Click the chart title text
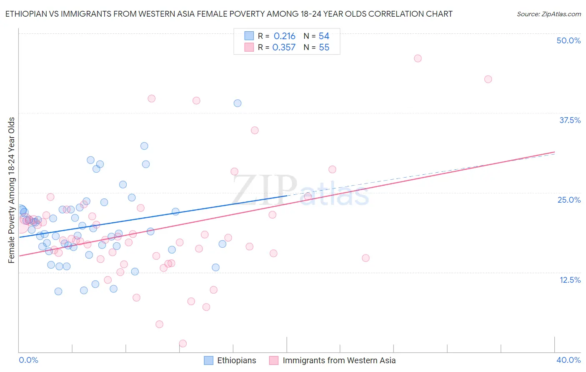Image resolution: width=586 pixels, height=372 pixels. coord(228,14)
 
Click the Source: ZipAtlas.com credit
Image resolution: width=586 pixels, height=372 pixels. coord(548,14)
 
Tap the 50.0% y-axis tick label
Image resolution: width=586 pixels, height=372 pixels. coord(568,40)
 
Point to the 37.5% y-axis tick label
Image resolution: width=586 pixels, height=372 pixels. coord(570,120)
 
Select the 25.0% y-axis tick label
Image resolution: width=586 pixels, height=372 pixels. coord(569,200)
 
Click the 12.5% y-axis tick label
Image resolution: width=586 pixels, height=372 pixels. coord(570,280)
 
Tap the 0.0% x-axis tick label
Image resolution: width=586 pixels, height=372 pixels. coord(28,360)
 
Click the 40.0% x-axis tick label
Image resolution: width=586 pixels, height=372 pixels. coord(568,360)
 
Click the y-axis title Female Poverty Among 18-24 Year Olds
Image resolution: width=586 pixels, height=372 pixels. coord(12,190)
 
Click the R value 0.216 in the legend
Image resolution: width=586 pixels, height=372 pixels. coord(284,36)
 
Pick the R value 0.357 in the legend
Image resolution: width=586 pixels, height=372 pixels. coord(284,48)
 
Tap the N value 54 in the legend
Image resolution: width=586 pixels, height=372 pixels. coord(324,36)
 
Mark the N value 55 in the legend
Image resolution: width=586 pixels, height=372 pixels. coord(324,48)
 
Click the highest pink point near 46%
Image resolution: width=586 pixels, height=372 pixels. coord(418,58)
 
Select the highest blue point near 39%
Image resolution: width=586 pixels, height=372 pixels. coord(238,103)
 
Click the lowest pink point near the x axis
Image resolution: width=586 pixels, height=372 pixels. coord(183,344)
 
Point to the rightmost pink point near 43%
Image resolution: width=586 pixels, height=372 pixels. coord(488,79)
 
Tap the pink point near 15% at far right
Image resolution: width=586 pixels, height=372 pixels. coord(366,258)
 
